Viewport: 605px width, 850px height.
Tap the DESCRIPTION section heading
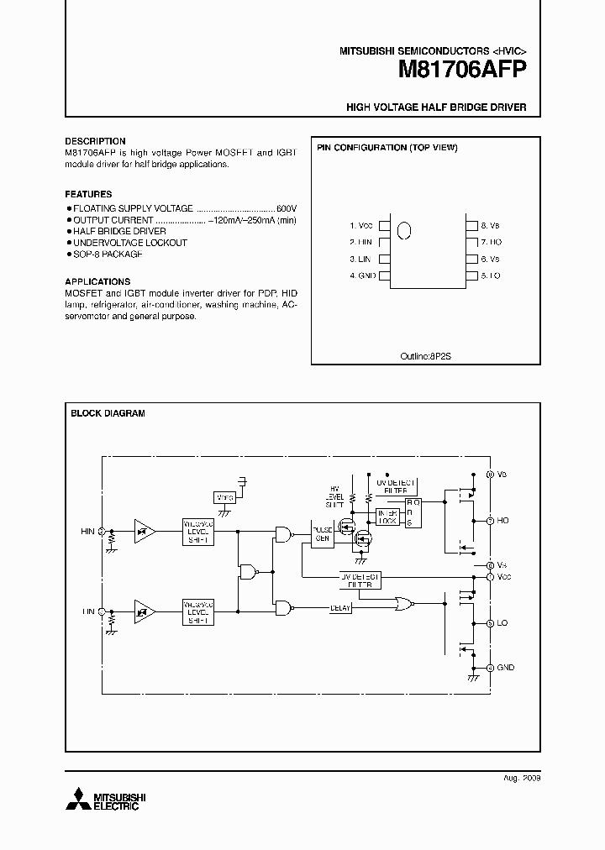pos(95,141)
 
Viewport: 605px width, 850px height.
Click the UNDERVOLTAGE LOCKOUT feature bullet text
pos(129,243)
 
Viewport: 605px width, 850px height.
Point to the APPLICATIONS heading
pos(97,281)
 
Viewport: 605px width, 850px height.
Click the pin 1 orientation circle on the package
pos(403,230)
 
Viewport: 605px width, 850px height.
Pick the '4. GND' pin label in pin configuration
pos(362,275)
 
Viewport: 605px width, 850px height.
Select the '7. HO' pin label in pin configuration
pos(491,242)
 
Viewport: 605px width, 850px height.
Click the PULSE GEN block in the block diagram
pos(323,535)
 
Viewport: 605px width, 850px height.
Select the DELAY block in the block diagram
pos(340,608)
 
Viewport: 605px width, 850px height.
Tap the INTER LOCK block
pos(387,517)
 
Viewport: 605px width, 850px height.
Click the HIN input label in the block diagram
pos(87,532)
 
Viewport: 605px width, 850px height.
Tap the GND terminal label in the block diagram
pos(506,668)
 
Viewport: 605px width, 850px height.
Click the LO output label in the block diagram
pos(503,623)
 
